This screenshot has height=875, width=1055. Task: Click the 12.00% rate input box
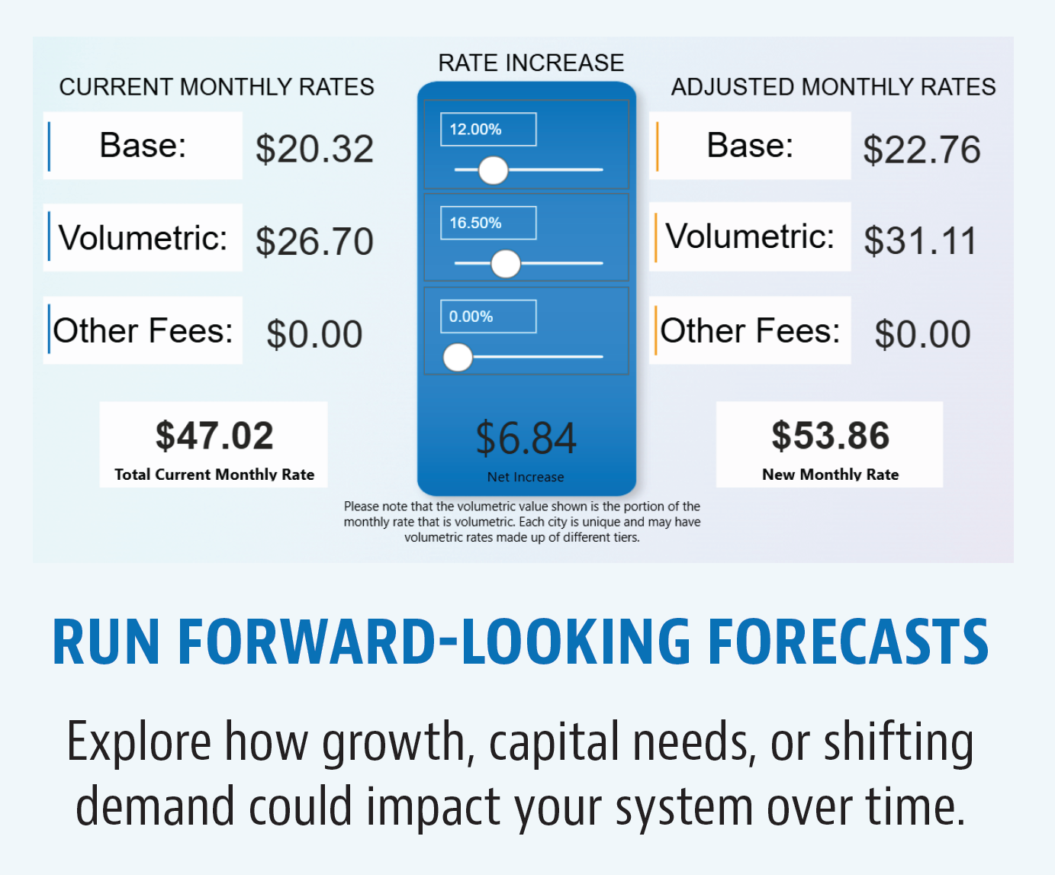pos(488,130)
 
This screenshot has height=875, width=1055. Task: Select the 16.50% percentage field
pos(488,223)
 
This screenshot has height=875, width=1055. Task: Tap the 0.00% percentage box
pos(488,317)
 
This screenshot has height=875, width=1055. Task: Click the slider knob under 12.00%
pos(493,170)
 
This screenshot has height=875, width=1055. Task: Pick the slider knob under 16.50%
pos(506,264)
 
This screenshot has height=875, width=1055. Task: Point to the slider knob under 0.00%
pos(458,357)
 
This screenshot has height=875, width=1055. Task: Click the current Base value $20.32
pos(314,149)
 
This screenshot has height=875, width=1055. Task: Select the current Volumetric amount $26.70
pos(314,241)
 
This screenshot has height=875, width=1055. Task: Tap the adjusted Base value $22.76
pos(922,150)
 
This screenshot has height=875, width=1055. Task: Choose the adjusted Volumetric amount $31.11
pos(920,241)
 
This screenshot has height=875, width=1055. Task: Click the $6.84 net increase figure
pos(526,438)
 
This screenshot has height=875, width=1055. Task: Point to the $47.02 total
pos(214,436)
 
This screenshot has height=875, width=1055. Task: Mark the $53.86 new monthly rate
pos(830,436)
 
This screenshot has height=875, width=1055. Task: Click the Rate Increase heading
pos(531,63)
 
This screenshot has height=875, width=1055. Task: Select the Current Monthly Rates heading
pos(217,87)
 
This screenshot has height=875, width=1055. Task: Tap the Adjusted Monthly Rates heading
pos(833,87)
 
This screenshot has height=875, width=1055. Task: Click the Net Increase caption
pos(526,477)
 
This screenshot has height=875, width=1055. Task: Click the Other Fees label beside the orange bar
pos(750,330)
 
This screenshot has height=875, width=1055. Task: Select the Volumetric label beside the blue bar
pos(143,237)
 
